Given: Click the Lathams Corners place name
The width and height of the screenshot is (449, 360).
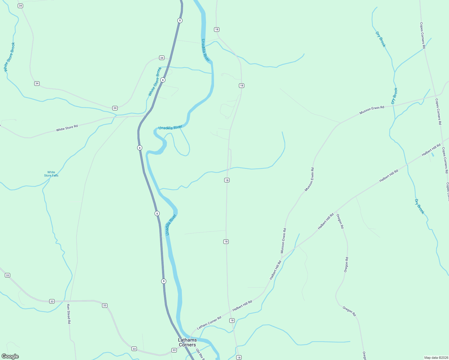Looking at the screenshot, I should (187, 342).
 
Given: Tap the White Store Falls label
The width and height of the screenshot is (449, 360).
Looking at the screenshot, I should (51, 174).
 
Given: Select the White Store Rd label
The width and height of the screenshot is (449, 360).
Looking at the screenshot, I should (67, 128).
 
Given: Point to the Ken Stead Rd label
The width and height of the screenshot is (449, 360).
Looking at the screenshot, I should (69, 314).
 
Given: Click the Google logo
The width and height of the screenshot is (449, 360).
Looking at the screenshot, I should (10, 356).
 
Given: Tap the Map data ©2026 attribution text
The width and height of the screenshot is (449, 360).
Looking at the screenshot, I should (436, 358).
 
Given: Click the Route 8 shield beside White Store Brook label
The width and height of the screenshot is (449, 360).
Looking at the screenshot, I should (163, 80).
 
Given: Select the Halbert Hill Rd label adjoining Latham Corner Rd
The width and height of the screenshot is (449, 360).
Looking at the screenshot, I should (242, 306).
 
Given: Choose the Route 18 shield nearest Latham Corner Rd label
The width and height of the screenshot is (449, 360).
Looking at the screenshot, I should (232, 320).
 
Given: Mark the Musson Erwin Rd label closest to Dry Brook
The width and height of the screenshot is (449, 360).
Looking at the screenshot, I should (372, 110).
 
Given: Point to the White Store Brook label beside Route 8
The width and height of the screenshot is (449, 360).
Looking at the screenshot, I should (155, 82).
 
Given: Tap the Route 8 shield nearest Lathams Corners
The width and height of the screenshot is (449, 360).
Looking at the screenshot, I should (164, 281).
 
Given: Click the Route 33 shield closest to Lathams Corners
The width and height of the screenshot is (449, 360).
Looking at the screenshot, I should (174, 350).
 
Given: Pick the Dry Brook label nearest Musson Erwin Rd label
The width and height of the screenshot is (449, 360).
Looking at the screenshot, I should (394, 96).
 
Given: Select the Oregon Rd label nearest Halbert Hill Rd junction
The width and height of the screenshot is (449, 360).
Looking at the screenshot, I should (340, 221).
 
